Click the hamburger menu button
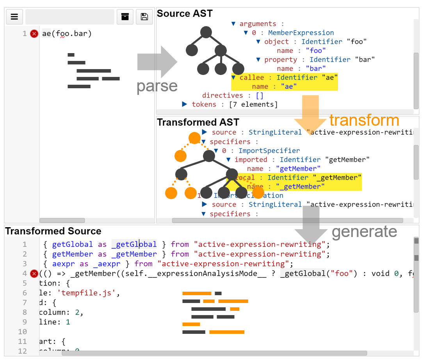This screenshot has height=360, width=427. (14, 17)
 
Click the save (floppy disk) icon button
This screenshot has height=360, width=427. (144, 17)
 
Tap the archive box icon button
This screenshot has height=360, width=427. (125, 17)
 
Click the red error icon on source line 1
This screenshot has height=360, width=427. (34, 34)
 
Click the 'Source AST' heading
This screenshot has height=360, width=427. (185, 14)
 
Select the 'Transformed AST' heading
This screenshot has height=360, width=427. (198, 122)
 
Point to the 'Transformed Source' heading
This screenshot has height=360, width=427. (53, 231)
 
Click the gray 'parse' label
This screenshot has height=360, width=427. (157, 86)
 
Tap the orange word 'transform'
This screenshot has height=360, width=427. (364, 120)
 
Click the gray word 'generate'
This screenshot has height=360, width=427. (364, 232)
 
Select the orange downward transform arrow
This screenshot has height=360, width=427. (310, 112)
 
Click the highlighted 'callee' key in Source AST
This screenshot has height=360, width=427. (251, 78)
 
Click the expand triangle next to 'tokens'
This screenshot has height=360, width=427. (184, 105)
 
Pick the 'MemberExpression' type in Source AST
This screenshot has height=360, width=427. (301, 33)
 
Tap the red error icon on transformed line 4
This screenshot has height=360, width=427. (34, 273)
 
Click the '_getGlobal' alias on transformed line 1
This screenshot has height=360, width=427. (134, 244)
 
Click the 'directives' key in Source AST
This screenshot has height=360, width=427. (222, 96)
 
